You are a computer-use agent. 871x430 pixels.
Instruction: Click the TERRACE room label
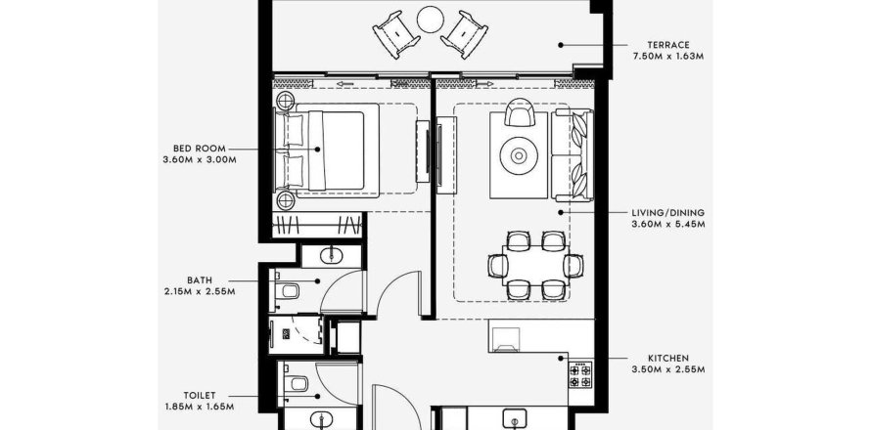tap(668, 45)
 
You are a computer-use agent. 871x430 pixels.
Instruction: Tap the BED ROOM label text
tap(200, 149)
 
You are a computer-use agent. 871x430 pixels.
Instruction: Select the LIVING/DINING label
tap(667, 212)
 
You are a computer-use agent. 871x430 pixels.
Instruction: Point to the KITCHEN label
tap(668, 359)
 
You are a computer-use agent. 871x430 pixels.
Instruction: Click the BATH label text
tap(200, 280)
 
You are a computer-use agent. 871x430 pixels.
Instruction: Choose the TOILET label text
tap(200, 396)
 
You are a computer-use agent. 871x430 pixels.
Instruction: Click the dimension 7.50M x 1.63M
tap(668, 57)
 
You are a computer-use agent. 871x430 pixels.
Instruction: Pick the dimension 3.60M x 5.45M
tap(668, 224)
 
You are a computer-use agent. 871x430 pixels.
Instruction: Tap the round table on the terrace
tap(431, 20)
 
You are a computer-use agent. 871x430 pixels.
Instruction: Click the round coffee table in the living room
tap(519, 156)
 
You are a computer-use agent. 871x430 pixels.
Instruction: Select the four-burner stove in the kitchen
tap(580, 375)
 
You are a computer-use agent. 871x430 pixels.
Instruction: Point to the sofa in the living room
tap(573, 154)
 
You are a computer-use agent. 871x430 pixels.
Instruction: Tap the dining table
tap(535, 265)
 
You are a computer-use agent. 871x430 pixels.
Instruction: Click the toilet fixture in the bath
tap(288, 290)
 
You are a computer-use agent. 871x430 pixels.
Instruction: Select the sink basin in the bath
tap(332, 255)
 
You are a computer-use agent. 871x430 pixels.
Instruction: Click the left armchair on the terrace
tap(396, 34)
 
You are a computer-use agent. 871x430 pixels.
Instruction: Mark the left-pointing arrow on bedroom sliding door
tap(345, 84)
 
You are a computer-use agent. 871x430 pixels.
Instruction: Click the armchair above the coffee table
tap(520, 112)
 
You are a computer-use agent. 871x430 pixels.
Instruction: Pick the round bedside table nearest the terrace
tap(286, 101)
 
